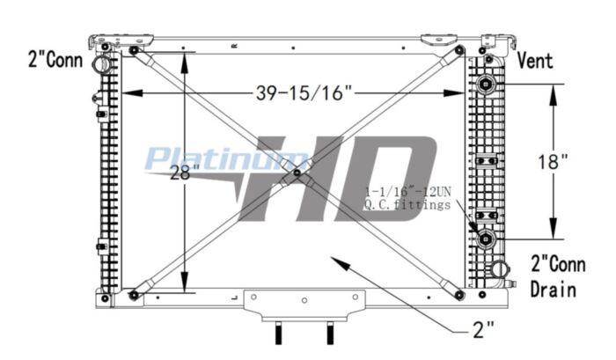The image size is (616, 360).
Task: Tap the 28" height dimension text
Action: pos(185,173)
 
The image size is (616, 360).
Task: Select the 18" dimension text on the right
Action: pos(553,161)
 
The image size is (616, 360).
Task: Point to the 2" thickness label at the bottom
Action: pos(483,330)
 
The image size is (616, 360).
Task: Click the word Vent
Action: pos(535,61)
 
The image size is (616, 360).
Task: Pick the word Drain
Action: pos(554,290)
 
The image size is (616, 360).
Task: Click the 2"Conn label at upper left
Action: pos(55,60)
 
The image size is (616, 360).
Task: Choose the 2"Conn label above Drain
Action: pos(558,264)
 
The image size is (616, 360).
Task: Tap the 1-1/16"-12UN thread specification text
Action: pos(407,192)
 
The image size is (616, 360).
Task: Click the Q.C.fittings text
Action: pos(407,204)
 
